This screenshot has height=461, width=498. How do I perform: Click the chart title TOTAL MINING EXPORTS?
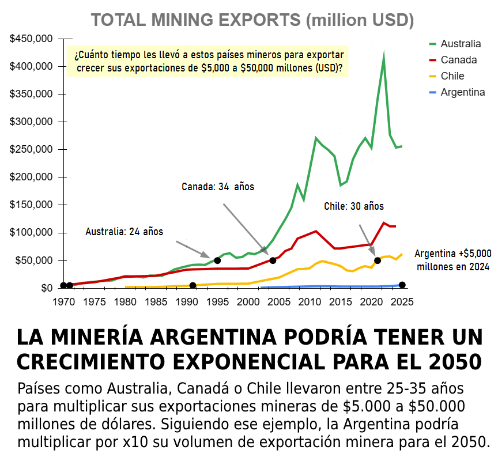click(252, 20)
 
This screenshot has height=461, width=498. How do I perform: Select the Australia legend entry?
click(460, 44)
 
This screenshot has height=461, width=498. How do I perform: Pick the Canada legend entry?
click(458, 60)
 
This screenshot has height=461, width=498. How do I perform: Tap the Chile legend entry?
click(452, 76)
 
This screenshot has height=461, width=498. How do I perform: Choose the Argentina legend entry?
click(462, 92)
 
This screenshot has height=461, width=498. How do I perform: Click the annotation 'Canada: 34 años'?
click(218, 187)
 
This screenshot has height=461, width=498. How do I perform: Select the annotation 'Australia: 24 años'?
click(124, 232)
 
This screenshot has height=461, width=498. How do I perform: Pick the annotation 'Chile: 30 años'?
click(353, 206)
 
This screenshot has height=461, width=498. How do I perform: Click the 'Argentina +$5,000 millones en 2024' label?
click(453, 260)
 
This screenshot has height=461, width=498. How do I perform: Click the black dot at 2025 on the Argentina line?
click(402, 285)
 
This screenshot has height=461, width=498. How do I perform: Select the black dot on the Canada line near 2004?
click(273, 260)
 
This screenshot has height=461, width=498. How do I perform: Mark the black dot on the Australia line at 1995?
click(217, 260)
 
